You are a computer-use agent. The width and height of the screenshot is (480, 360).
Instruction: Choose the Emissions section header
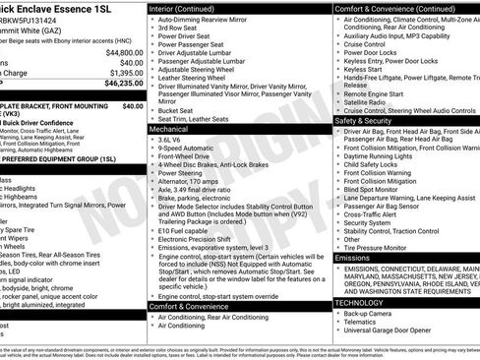pyautogui.click(x=354, y=258)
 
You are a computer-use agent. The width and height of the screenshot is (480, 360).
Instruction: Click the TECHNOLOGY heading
pyautogui.click(x=360, y=302)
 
